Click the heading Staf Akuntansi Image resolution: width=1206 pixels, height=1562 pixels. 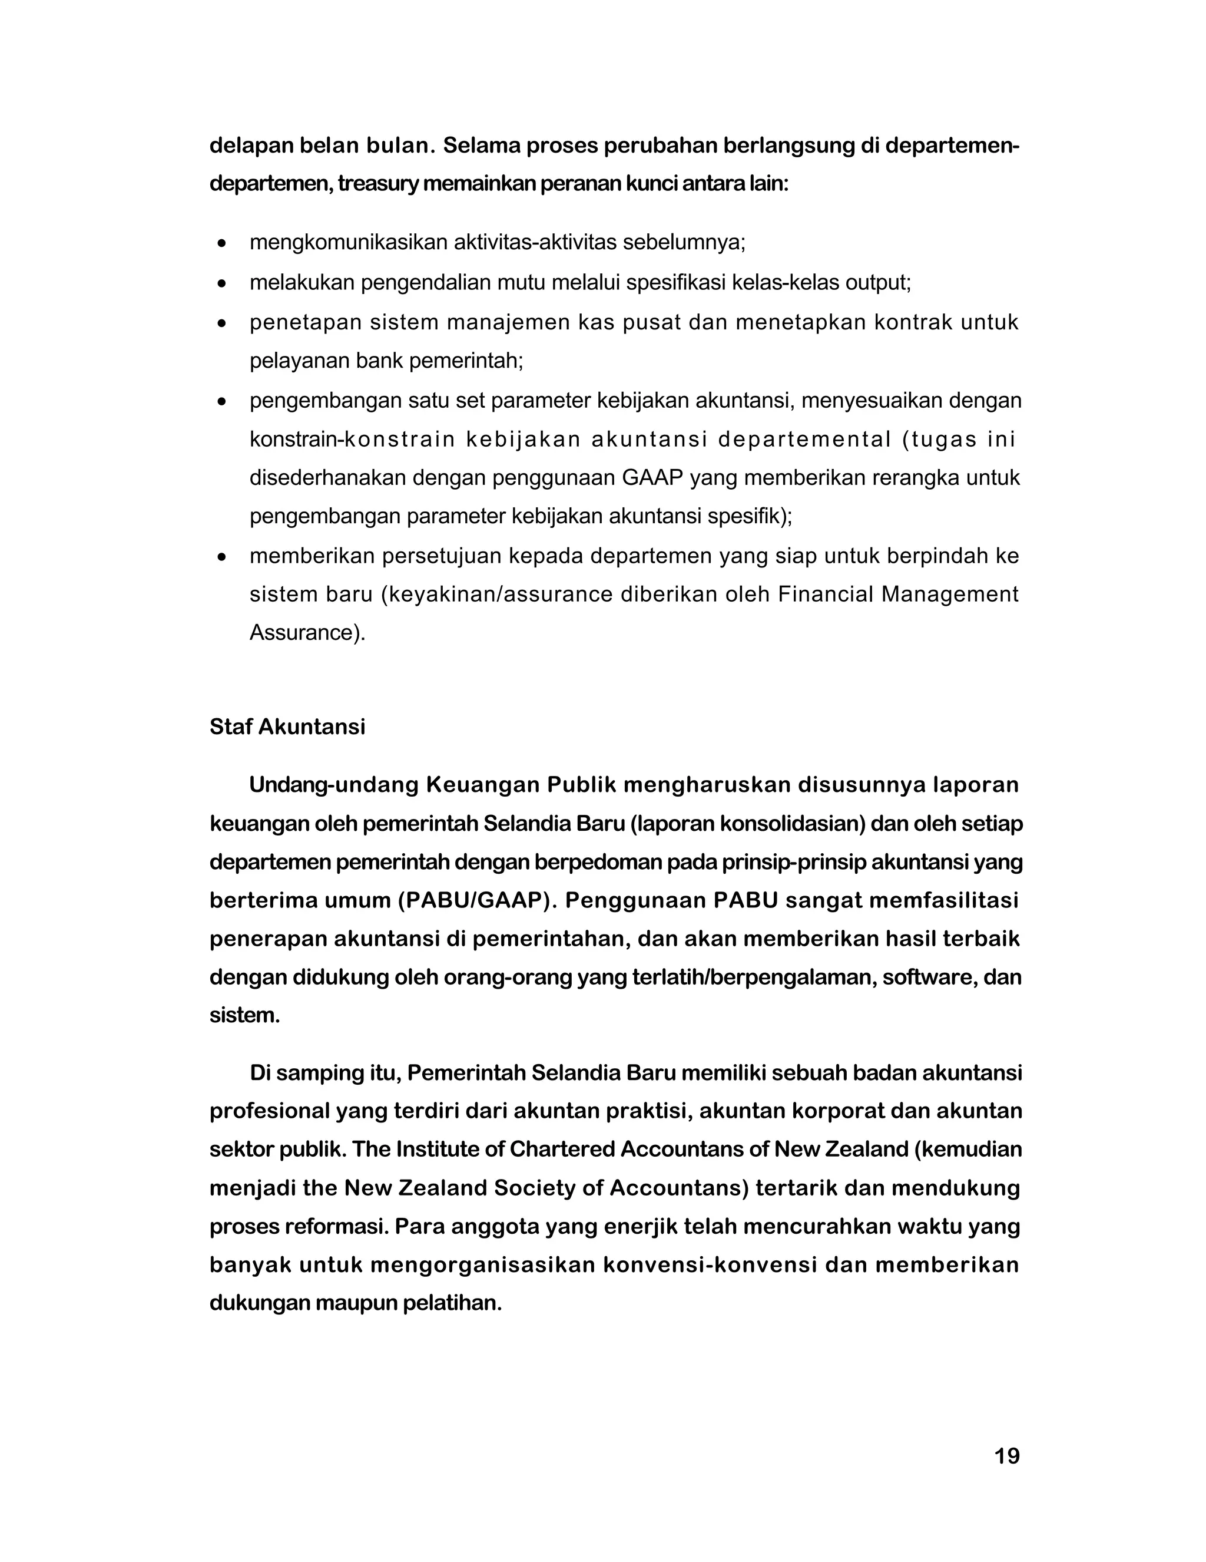(x=287, y=726)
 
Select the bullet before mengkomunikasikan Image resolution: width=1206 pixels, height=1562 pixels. (x=223, y=244)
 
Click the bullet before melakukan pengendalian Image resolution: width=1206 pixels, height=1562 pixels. (x=223, y=284)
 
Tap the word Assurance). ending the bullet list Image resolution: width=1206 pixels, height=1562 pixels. (x=307, y=633)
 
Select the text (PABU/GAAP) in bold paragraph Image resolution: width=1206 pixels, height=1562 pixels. (x=477, y=900)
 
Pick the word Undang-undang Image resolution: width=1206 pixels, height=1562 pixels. (x=334, y=785)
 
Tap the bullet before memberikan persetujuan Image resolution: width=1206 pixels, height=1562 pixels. (x=223, y=556)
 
